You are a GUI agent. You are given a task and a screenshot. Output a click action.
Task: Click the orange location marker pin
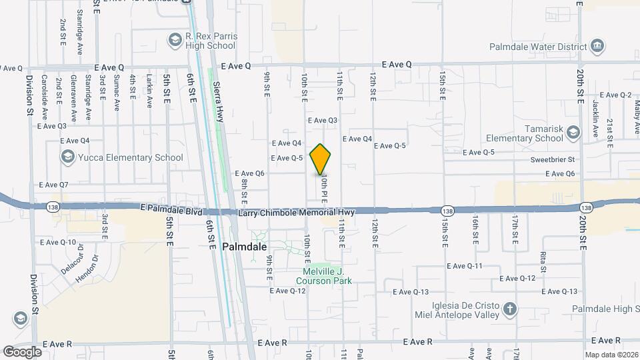tap(321, 159)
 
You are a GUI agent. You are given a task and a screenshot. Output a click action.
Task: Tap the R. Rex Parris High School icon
tap(175, 41)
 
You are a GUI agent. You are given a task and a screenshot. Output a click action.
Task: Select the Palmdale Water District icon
tap(597, 46)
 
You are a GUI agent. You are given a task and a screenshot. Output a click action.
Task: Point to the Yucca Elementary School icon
tap(67, 157)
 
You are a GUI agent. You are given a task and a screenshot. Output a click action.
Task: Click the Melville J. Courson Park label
tap(324, 276)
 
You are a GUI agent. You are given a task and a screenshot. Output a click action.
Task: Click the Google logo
tap(22, 351)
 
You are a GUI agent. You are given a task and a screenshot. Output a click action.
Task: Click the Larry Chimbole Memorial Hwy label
tap(297, 212)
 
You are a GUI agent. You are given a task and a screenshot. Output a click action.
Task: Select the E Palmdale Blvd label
tap(171, 209)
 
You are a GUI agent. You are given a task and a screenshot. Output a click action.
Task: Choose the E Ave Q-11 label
tap(465, 266)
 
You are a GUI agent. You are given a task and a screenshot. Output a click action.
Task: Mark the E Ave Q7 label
tap(54, 185)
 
